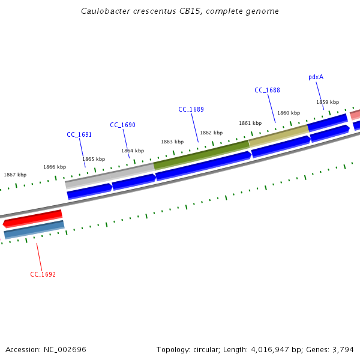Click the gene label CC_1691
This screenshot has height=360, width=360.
pyautogui.click(x=79, y=135)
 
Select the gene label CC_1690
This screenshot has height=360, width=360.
pyautogui.click(x=122, y=125)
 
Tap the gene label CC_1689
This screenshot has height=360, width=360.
pyautogui.click(x=191, y=110)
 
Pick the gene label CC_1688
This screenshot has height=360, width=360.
pyautogui.click(x=267, y=91)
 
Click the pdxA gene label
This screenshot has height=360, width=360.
pyautogui.click(x=316, y=77)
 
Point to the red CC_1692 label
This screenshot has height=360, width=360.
pyautogui.click(x=43, y=275)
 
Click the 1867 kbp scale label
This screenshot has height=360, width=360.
pyautogui.click(x=15, y=175)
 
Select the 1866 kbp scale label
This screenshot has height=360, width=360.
pyautogui.click(x=55, y=167)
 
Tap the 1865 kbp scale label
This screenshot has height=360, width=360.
pyautogui.click(x=94, y=159)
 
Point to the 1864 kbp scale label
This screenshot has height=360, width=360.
pyautogui.click(x=133, y=151)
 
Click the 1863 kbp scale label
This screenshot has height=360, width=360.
pyautogui.click(x=172, y=142)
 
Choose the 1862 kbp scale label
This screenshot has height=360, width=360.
pyautogui.click(x=211, y=133)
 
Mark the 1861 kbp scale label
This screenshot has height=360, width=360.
pyautogui.click(x=250, y=123)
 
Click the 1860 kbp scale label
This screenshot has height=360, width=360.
pyautogui.click(x=289, y=113)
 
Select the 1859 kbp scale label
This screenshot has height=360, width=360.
pyautogui.click(x=328, y=102)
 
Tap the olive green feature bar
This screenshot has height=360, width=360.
pyautogui.click(x=202, y=154)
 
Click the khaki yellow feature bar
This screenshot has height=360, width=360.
pyautogui.click(x=279, y=136)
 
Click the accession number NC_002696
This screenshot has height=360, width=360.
pyautogui.click(x=64, y=349)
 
